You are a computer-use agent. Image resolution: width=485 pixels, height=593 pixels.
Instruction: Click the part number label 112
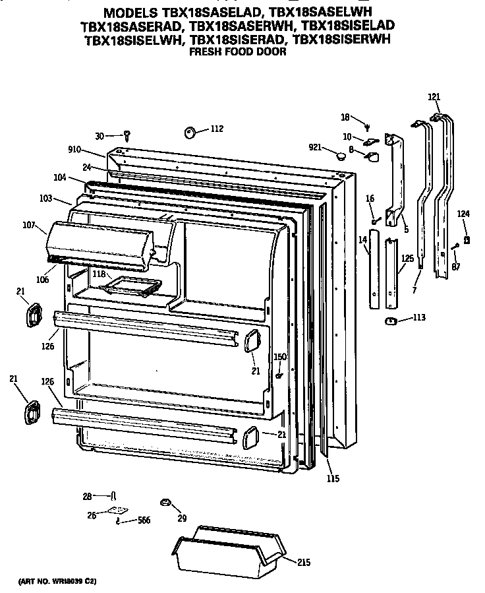click(x=217, y=129)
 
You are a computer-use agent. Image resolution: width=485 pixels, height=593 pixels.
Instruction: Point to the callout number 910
click(x=77, y=150)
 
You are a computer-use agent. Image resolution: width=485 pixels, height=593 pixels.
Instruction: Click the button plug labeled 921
click(x=341, y=156)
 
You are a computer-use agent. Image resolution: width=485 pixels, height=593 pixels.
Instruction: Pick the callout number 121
click(x=434, y=98)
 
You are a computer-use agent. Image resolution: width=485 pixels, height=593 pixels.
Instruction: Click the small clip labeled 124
click(x=467, y=240)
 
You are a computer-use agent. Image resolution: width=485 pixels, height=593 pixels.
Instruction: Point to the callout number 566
click(x=143, y=520)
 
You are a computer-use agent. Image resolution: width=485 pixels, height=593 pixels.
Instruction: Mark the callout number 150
click(x=280, y=357)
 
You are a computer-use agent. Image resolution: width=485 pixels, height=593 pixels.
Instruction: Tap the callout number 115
click(x=333, y=478)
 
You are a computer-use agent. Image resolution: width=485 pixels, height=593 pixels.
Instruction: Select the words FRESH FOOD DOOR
click(x=238, y=51)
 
